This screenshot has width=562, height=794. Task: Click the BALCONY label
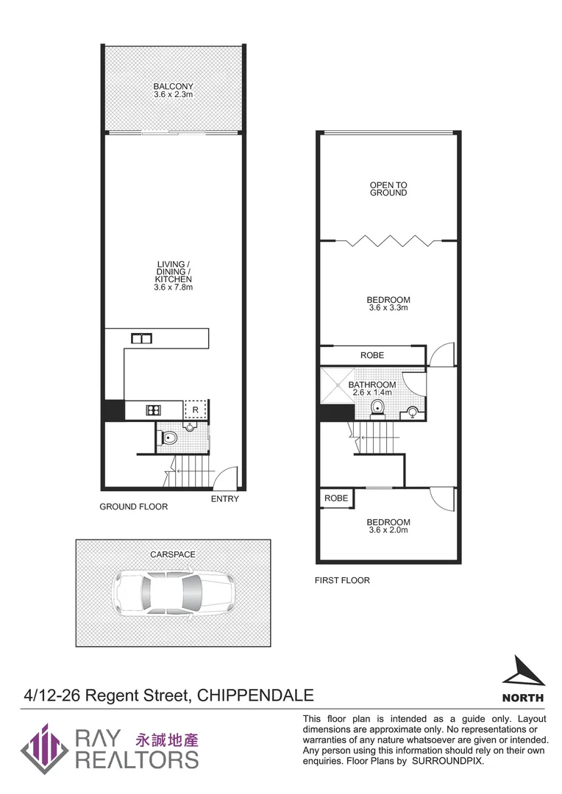[x=174, y=87]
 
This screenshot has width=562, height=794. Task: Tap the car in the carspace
[x=173, y=593]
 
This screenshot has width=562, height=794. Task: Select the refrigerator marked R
[x=196, y=409]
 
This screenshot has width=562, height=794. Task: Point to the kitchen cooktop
[x=154, y=410]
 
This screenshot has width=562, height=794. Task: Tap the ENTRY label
[x=224, y=499]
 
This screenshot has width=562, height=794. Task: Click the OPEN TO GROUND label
[x=388, y=189]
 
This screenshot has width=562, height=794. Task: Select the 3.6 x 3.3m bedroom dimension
[x=388, y=308]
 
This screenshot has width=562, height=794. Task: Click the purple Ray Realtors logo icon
[x=45, y=748]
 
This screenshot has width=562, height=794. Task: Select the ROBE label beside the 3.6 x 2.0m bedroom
[x=336, y=498]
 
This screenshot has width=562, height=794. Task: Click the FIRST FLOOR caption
[x=342, y=580]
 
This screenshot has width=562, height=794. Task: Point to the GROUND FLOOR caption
[x=134, y=507]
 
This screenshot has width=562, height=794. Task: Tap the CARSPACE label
[x=173, y=554]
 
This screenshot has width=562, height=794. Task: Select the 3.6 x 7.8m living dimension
[x=174, y=287]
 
